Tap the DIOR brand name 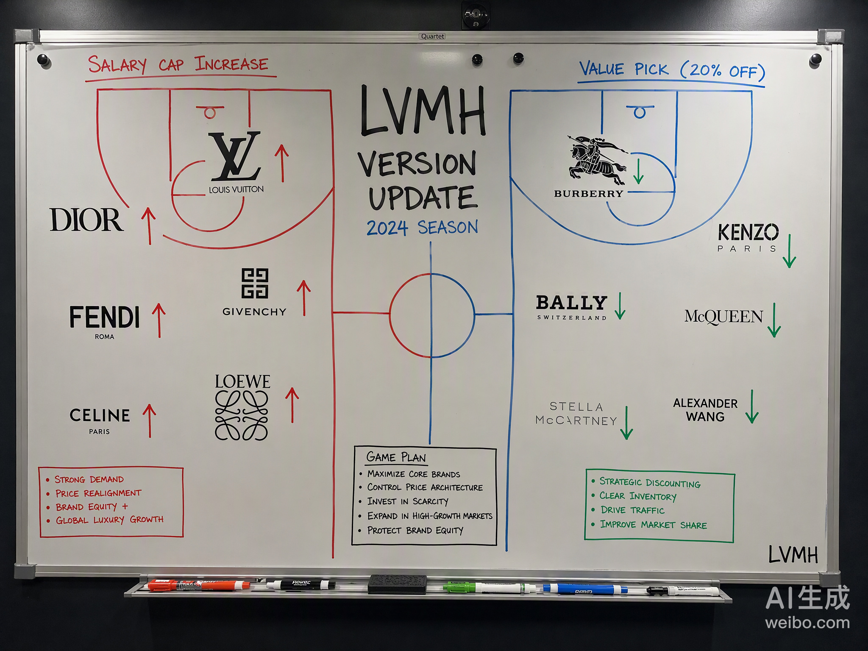[87, 220]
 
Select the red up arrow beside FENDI [159, 320]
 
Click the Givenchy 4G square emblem [255, 284]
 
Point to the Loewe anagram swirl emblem [242, 415]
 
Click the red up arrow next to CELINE [150, 420]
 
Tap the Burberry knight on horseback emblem [597, 160]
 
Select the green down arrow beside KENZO [789, 251]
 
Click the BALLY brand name [571, 303]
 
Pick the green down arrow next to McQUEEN [774, 320]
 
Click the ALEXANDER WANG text [705, 410]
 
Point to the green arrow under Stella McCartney [626, 423]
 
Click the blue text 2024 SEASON [422, 228]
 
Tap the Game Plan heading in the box [396, 457]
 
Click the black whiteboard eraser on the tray [397, 584]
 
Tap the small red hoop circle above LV [210, 113]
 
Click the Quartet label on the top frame [432, 36]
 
